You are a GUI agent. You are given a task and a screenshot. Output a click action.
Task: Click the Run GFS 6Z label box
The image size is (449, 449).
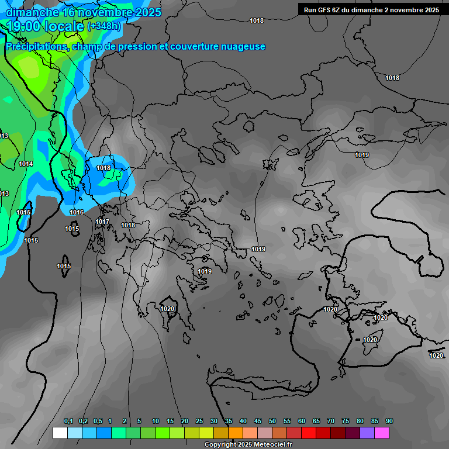(x=371, y=9)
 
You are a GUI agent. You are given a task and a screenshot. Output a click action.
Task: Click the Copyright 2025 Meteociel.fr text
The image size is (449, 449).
(x=248, y=444)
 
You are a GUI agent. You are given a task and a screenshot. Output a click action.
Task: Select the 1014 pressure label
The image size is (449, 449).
(x=26, y=164)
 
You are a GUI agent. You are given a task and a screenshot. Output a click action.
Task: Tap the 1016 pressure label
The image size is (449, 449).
(x=77, y=212)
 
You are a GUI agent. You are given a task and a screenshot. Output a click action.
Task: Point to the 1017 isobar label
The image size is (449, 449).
(x=102, y=222)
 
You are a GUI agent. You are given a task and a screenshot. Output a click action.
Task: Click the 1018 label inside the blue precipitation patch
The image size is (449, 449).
(x=103, y=168)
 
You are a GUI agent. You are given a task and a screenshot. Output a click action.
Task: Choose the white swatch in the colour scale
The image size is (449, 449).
(x=60, y=433)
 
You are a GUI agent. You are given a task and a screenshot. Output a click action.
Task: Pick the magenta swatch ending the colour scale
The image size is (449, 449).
(x=382, y=433)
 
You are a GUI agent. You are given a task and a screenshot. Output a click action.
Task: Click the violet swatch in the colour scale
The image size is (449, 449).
(x=367, y=433)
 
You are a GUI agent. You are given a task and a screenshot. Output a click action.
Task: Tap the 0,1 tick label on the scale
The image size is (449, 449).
(x=68, y=422)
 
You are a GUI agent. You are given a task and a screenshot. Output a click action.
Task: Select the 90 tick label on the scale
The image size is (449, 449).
(x=389, y=422)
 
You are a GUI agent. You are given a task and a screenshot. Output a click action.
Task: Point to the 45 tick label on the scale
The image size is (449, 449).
(x=258, y=422)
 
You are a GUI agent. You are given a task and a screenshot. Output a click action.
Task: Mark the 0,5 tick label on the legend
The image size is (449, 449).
(x=98, y=422)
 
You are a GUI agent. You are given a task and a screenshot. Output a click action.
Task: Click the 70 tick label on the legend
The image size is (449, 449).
(x=331, y=422)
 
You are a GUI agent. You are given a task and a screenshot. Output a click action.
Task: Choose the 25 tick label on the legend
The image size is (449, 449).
(x=199, y=422)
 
